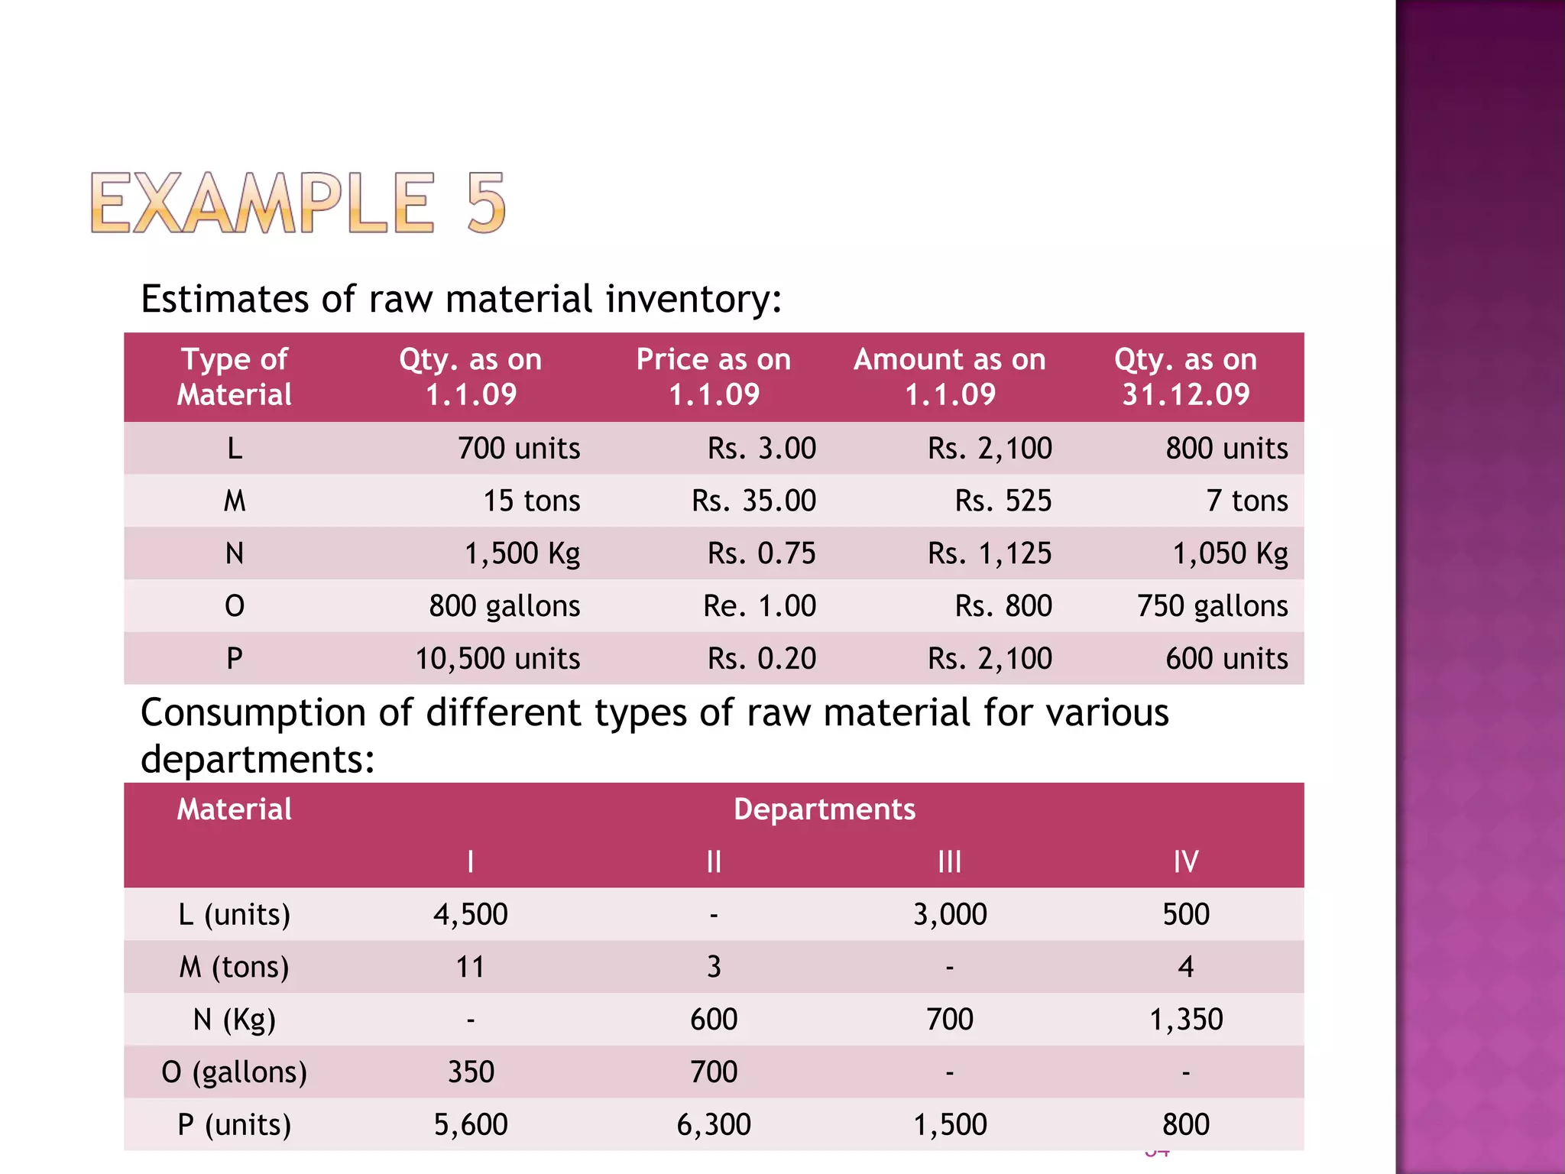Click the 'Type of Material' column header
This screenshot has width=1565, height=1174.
(235, 377)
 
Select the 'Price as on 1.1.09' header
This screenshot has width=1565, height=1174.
(714, 377)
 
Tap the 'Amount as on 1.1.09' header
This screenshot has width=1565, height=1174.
(949, 377)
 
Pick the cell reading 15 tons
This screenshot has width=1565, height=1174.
(531, 501)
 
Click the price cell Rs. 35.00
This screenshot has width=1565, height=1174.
(753, 501)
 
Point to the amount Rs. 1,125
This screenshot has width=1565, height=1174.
(990, 553)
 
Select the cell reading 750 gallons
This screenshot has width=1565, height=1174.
(1212, 606)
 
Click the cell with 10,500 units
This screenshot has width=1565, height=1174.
(497, 659)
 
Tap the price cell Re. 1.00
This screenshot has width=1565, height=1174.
(760, 606)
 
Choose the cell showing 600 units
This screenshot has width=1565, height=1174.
(1226, 659)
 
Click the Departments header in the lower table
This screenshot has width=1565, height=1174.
(825, 809)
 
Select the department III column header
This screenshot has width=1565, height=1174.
(949, 862)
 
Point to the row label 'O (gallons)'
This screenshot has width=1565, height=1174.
(235, 1072)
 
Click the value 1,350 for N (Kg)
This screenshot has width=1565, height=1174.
(1186, 1020)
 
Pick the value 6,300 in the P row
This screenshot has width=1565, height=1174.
(714, 1125)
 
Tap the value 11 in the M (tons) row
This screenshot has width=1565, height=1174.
(471, 968)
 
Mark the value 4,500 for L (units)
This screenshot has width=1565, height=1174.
(471, 915)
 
